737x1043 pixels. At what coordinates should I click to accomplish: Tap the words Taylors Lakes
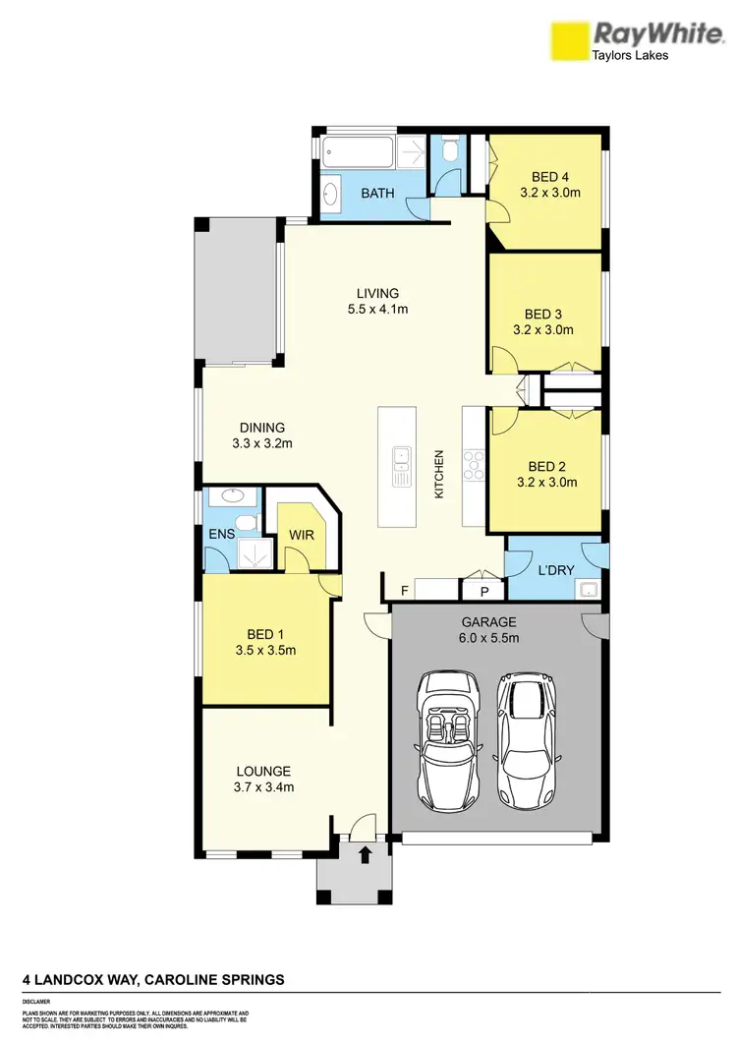(x=629, y=56)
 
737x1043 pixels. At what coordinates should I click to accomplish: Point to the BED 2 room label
(x=545, y=466)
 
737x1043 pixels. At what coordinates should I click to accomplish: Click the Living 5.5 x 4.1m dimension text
(x=377, y=309)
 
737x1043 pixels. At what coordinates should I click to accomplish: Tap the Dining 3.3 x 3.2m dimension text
(x=261, y=443)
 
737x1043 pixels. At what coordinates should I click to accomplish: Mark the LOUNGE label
(x=263, y=772)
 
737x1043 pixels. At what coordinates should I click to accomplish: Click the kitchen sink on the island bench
(x=402, y=466)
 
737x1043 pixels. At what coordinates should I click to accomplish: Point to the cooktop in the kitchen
(x=473, y=465)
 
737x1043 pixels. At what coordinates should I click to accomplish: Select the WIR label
(x=300, y=535)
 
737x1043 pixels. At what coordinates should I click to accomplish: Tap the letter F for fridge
(x=404, y=590)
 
